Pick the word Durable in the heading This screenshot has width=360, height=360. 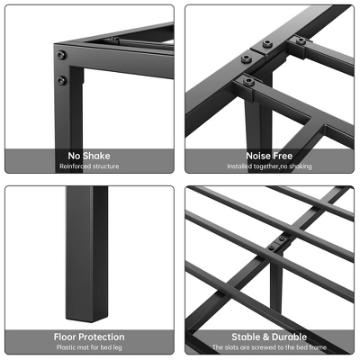tap(288, 336)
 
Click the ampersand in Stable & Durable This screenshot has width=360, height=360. tap(265, 336)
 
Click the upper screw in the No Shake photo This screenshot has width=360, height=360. tap(61, 56)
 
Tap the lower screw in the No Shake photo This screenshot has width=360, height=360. tap(61, 79)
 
